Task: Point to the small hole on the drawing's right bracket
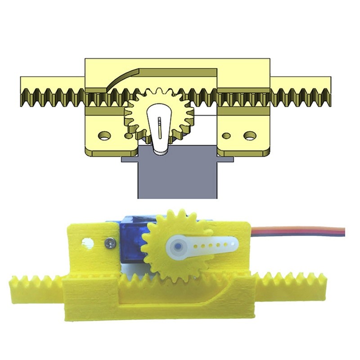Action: [x=227, y=135]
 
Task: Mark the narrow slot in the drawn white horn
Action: [x=159, y=126]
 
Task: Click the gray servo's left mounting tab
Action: [x=128, y=159]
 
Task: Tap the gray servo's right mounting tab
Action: [x=226, y=159]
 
